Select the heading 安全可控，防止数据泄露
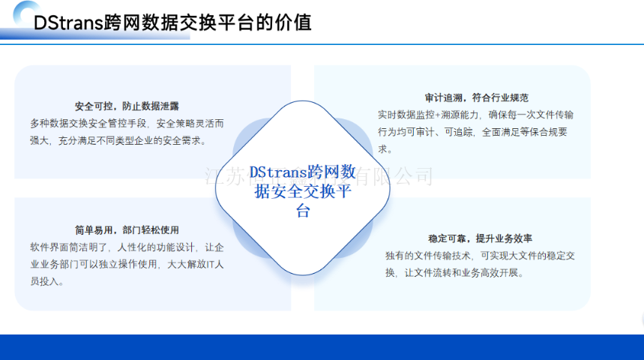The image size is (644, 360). pos(127,106)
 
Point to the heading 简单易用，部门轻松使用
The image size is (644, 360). pos(127,230)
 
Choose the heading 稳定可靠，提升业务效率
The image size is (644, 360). pos(480,238)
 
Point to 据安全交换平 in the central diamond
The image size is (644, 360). pos(303,192)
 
